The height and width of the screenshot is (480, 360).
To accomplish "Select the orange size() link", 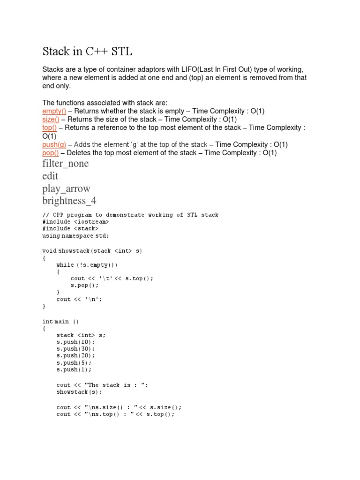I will [51, 119].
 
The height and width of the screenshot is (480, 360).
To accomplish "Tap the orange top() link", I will [49, 127].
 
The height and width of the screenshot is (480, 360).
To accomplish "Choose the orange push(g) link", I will [54, 144].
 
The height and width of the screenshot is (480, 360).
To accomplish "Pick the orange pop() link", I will [51, 153].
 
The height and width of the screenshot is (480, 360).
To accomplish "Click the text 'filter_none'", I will [65, 164].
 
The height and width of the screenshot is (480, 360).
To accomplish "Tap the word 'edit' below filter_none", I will [50, 176].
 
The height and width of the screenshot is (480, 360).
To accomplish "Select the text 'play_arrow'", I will [66, 188].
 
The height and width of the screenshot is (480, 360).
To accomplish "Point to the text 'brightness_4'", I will [70, 201].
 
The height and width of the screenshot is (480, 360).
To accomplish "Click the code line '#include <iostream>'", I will [75, 221].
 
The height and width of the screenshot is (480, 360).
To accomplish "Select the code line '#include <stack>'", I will [70, 228].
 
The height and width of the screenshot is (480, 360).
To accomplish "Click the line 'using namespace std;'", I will [78, 235].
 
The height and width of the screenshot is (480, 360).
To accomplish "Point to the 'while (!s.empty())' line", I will [87, 264].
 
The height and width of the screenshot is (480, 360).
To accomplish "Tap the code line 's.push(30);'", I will [75, 349].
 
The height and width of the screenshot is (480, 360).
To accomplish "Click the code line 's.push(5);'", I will [74, 362].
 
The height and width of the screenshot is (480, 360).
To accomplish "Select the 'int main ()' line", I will [61, 321].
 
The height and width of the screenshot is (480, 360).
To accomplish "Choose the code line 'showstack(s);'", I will [79, 391].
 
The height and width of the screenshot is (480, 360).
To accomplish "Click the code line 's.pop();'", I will [85, 285].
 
